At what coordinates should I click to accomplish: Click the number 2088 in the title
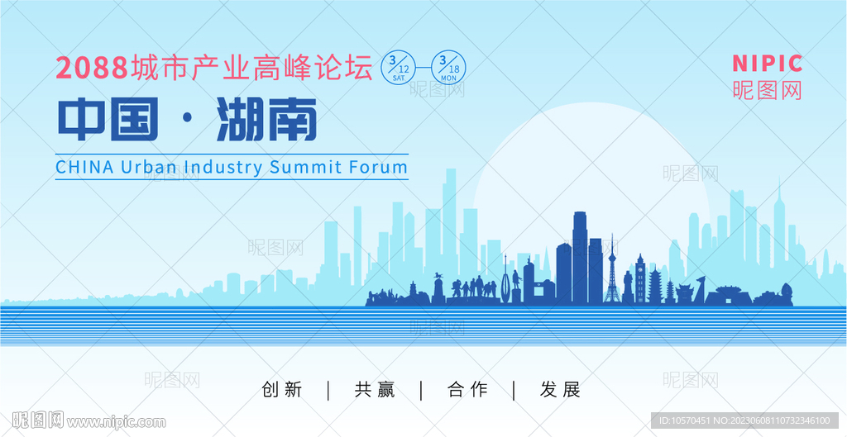pyautogui.click(x=91, y=68)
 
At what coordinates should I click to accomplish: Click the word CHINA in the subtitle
pyautogui.click(x=85, y=167)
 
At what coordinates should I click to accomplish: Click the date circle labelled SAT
pyautogui.click(x=399, y=67)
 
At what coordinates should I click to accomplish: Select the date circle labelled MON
pyautogui.click(x=447, y=67)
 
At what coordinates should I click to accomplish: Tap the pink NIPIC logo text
pyautogui.click(x=767, y=64)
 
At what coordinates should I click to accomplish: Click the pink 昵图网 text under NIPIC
pyautogui.click(x=767, y=90)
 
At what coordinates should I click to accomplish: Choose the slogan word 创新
pyautogui.click(x=282, y=390)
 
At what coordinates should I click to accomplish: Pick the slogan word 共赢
pyautogui.click(x=375, y=390)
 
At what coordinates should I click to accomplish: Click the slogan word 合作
pyautogui.click(x=467, y=390)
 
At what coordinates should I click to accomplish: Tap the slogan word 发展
pyautogui.click(x=560, y=390)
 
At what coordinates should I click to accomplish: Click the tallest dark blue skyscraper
pyautogui.click(x=580, y=257)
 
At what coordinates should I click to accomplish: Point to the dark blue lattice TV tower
pyautogui.click(x=612, y=270)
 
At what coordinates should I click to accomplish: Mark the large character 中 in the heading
pyautogui.click(x=81, y=119)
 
